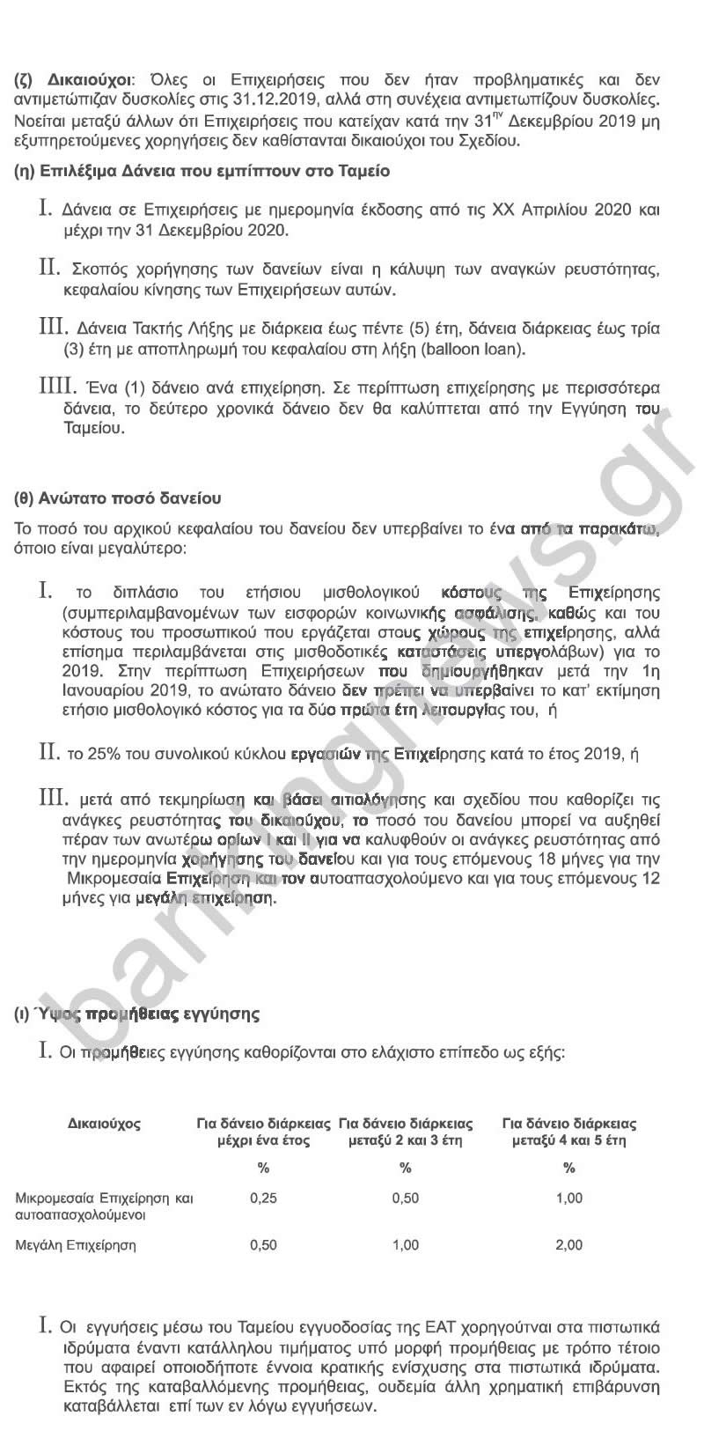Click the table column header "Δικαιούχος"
click(x=104, y=1124)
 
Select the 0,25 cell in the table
click(x=263, y=1199)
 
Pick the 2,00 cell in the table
click(x=569, y=1245)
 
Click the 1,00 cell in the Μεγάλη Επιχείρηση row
click(x=406, y=1245)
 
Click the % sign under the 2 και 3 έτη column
click(x=406, y=1169)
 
